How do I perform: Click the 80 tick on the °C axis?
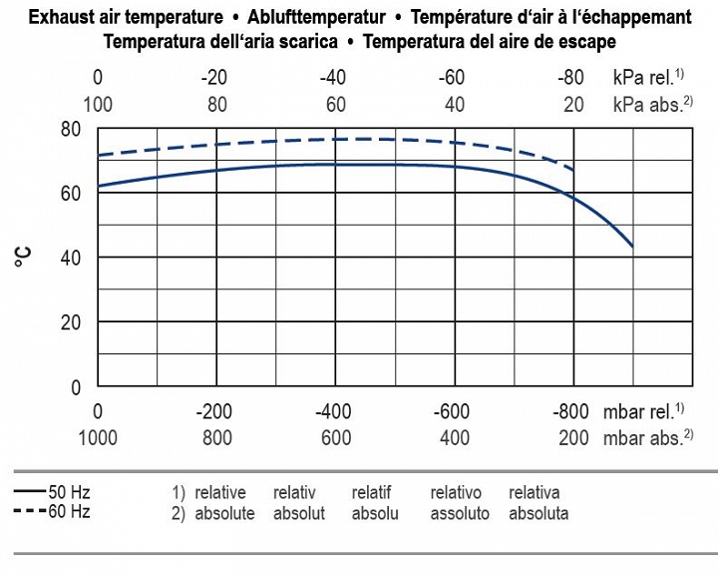click(x=70, y=129)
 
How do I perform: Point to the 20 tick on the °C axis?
click(x=70, y=322)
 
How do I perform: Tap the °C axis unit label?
click(x=23, y=257)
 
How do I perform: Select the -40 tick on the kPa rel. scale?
click(x=333, y=78)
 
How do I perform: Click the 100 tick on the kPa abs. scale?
click(x=98, y=104)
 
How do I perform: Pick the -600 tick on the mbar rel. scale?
click(x=455, y=411)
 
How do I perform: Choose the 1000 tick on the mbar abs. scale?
click(x=98, y=437)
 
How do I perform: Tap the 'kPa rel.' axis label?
click(x=642, y=78)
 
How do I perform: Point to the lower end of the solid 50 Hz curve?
click(x=632, y=247)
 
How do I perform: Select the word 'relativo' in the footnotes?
click(x=456, y=492)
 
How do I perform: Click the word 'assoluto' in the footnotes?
click(x=460, y=513)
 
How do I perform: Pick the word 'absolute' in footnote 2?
click(x=224, y=513)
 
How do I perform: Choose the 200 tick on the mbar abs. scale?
click(x=573, y=437)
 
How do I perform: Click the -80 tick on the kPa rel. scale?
click(x=570, y=78)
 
